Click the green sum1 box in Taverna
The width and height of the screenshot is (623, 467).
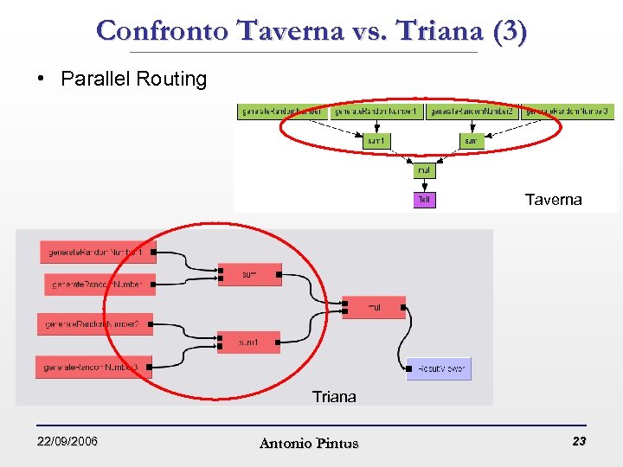(376, 140)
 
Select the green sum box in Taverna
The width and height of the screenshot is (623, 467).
(470, 140)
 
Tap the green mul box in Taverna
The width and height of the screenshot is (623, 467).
(424, 170)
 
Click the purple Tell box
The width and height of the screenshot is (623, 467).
(424, 200)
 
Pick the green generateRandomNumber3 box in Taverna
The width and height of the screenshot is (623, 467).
(568, 112)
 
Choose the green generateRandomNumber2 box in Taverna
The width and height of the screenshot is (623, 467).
(472, 112)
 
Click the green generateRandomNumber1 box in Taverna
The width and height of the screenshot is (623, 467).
(376, 112)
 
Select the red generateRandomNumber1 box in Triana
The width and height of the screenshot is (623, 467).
(98, 253)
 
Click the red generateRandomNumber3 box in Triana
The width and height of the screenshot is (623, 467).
(93, 368)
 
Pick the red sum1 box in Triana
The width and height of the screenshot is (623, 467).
(249, 342)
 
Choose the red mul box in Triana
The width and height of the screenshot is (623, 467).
(374, 307)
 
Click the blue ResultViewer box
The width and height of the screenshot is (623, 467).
(439, 368)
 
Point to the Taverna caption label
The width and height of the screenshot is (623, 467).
(553, 200)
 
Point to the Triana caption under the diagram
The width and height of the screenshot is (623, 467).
(334, 397)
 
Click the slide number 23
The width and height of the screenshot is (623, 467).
(579, 442)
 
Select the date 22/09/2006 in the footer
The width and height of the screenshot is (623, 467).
(67, 442)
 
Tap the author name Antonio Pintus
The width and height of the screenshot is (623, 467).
(308, 443)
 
